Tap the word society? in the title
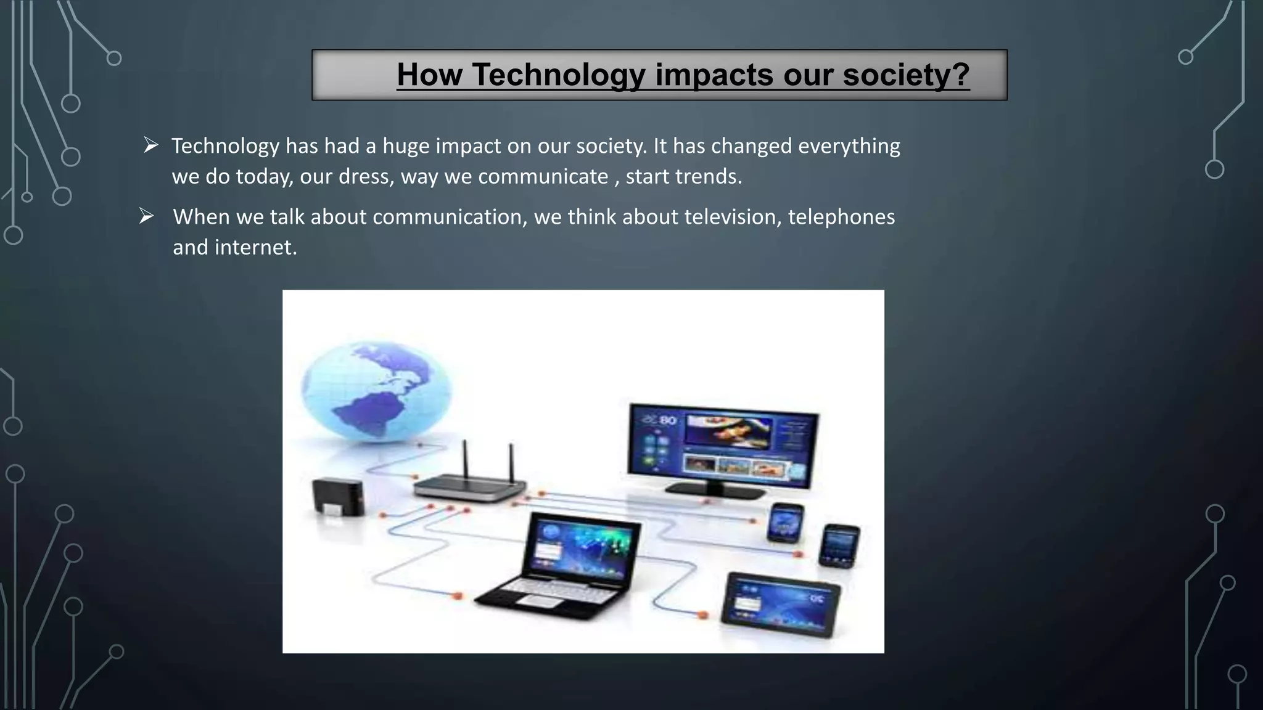(x=906, y=75)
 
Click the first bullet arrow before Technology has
(x=151, y=145)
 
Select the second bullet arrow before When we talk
(x=146, y=216)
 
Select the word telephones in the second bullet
(x=841, y=217)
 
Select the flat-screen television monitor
(x=723, y=447)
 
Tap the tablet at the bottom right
(x=781, y=605)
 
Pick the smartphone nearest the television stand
(x=785, y=523)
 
